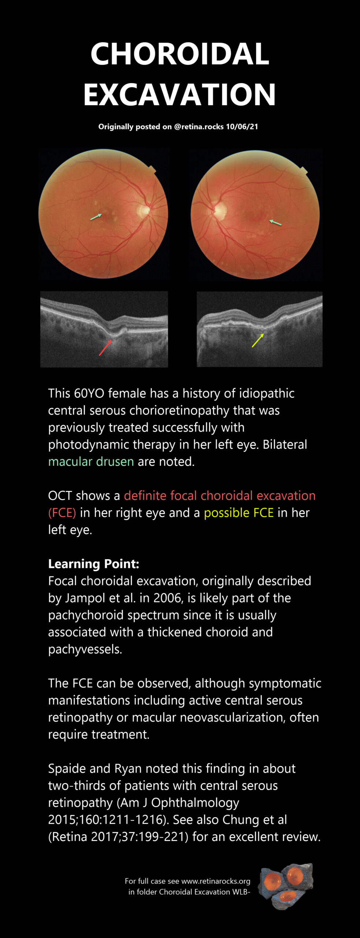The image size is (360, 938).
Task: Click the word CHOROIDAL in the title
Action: pos(180,54)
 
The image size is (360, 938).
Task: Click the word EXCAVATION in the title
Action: pos(180,94)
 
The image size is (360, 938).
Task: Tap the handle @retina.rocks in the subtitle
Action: pos(199,127)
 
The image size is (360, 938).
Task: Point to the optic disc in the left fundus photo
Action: pos(144,210)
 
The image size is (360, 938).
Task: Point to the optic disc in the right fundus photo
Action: pos(220,211)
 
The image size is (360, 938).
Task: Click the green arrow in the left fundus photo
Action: pos(96,217)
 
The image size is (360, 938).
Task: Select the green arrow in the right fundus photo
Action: pos(275,222)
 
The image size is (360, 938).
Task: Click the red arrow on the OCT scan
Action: pos(105,348)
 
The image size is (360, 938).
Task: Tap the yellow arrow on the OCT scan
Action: pos(258,340)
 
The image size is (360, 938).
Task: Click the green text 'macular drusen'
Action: pos(91,461)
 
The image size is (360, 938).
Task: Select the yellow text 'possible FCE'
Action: pos(239,513)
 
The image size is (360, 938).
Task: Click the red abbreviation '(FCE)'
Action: pos(62,513)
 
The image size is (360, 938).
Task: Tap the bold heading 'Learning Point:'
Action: pos(94,564)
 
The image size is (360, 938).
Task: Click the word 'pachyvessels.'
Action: pos(85,649)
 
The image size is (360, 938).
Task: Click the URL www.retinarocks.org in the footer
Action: pos(216,881)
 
